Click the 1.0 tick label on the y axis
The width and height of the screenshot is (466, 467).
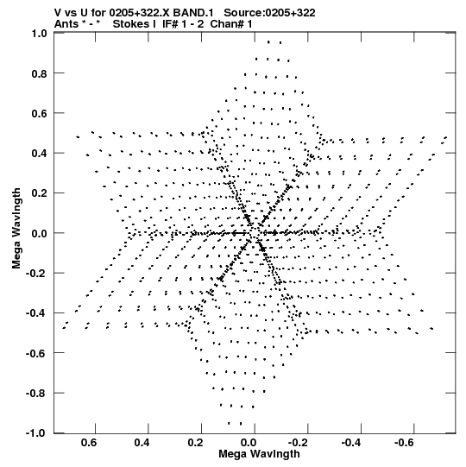pos(40,33)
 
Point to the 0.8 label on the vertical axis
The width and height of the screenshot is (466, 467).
pos(40,73)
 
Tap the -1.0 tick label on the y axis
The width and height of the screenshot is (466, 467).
pos(36,433)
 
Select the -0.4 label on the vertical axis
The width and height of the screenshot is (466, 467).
pos(36,313)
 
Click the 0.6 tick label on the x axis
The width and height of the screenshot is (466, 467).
pos(89,443)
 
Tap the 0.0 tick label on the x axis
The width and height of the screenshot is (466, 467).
pos(249,443)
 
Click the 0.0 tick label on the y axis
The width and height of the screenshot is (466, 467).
pos(40,233)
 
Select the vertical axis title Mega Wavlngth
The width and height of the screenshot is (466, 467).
pos(16,229)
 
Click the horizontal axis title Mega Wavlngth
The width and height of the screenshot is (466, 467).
pos(259,454)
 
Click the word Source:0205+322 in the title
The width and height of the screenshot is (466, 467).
pos(269,13)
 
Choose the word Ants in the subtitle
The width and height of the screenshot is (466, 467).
pos(66,24)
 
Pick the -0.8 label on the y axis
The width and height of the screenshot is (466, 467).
pos(36,393)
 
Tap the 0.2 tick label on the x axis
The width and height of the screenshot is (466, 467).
pos(196,443)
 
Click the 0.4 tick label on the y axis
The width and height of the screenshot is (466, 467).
pos(40,153)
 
